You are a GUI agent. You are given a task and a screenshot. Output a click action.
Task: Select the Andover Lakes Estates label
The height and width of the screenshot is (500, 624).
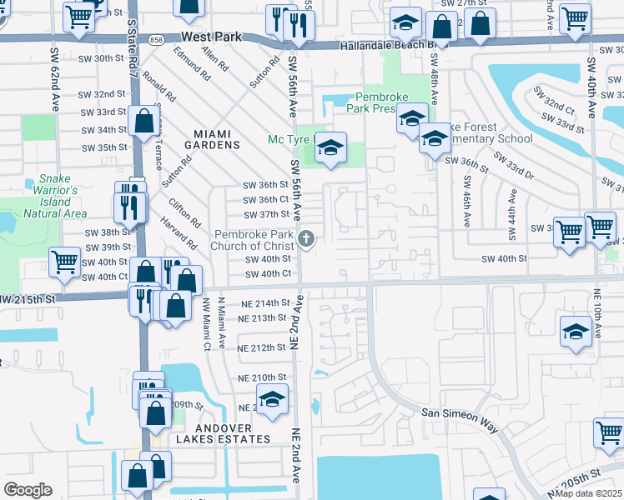(222, 438)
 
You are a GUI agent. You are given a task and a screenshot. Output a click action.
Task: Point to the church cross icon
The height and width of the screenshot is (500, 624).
(306, 240)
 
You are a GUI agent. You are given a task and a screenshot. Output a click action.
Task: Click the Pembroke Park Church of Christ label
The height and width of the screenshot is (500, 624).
(254, 240)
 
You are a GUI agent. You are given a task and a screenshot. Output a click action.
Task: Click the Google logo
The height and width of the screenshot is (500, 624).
(28, 490)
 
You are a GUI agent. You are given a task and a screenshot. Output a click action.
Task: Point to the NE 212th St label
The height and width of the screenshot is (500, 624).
(262, 347)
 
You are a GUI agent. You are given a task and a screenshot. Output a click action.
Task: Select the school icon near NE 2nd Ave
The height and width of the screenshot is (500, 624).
(272, 401)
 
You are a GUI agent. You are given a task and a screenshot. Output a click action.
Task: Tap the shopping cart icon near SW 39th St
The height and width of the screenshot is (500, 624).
(65, 262)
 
